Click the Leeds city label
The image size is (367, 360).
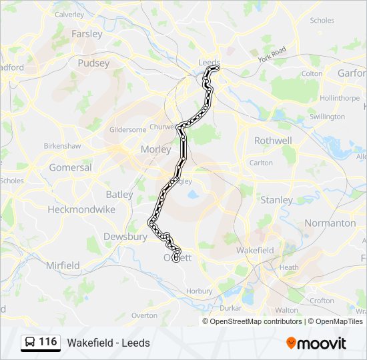point(209,63)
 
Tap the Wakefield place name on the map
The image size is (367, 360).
point(255,251)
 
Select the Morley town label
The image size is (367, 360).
point(155,150)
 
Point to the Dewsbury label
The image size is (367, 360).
point(125,237)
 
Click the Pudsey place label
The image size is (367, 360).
point(93,63)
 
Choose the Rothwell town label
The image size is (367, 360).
point(273,141)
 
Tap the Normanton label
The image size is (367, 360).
point(330,223)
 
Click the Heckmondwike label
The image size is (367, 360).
point(83,209)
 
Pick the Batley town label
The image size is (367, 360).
point(119,194)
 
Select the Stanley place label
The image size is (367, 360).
point(276,200)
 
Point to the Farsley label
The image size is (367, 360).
point(87,33)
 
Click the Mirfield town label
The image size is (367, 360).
point(63,265)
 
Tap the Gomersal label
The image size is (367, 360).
point(70,167)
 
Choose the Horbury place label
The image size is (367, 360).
point(200,291)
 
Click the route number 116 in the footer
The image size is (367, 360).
point(47,342)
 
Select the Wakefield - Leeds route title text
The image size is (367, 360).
point(108,343)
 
